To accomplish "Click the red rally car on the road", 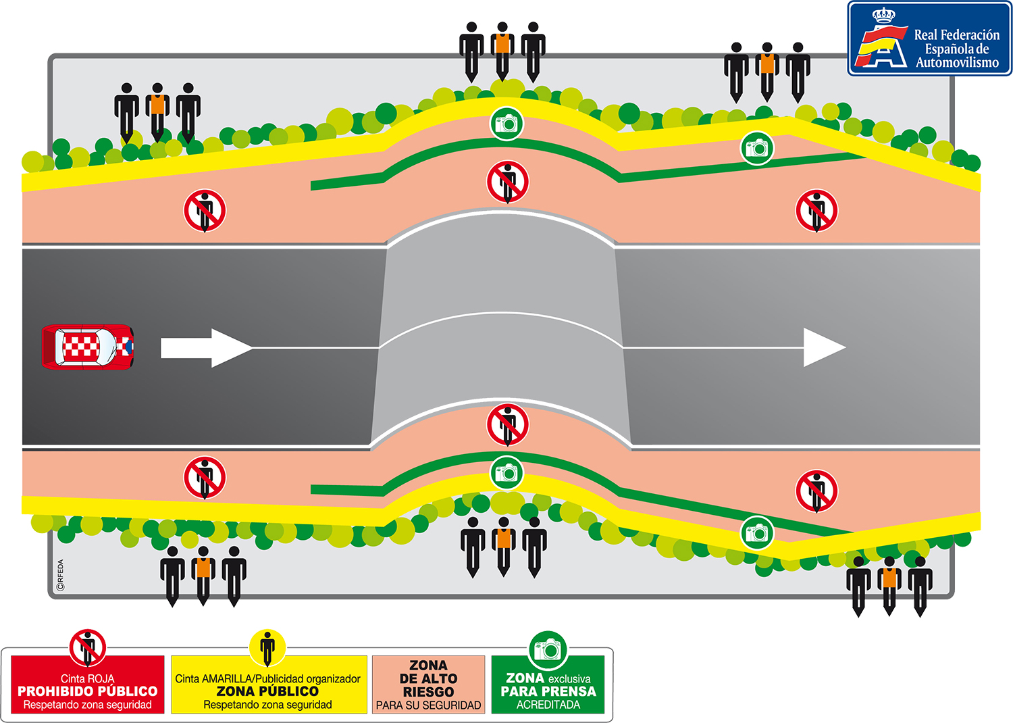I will pyautogui.click(x=88, y=347).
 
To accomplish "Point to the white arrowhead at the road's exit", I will pyautogui.click(x=823, y=348).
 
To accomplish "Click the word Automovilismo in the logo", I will pyautogui.click(x=957, y=63).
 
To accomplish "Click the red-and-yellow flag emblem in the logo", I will pyautogui.click(x=880, y=46).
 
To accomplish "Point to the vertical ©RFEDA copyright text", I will pyautogui.click(x=61, y=575).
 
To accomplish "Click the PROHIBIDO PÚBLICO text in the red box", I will pyautogui.click(x=88, y=691).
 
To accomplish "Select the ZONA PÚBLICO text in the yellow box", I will pyautogui.click(x=267, y=691).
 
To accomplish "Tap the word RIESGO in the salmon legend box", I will pyautogui.click(x=428, y=692).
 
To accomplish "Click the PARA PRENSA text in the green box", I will pyautogui.click(x=548, y=691).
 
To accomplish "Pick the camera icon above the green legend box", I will pyautogui.click(x=548, y=650).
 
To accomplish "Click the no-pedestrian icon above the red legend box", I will pyautogui.click(x=88, y=647).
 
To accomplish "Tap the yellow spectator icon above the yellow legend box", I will pyautogui.click(x=267, y=647).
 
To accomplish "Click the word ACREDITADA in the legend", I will pyautogui.click(x=548, y=705).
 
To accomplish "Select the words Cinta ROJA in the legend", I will pyautogui.click(x=88, y=678).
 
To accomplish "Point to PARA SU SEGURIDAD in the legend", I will pyautogui.click(x=428, y=705).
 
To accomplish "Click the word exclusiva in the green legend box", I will pyautogui.click(x=569, y=678).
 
